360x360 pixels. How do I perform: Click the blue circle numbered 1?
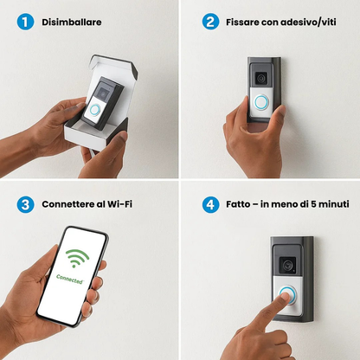[25, 22]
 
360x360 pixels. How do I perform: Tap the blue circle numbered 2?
[210, 22]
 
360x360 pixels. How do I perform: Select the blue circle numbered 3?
[25, 204]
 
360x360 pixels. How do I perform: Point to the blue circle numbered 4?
[210, 204]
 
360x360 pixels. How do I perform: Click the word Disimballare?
[72, 22]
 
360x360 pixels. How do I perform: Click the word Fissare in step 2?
[242, 22]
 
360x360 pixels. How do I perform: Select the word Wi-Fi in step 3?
[119, 204]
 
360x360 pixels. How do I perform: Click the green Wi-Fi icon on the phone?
[77, 258]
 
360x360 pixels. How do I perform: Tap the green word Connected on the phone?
[70, 279]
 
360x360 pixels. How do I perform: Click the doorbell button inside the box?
[94, 110]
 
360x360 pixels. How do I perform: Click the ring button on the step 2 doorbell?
[261, 102]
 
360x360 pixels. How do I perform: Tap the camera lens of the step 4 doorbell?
[287, 265]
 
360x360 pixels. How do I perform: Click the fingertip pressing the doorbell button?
[284, 297]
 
